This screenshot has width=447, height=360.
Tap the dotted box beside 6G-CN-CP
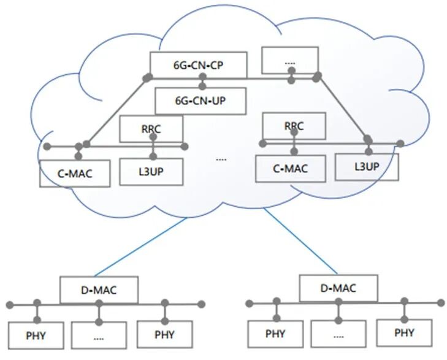[x=290, y=60]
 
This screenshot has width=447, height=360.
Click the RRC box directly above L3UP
[x=151, y=128]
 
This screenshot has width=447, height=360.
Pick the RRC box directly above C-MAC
[x=294, y=126]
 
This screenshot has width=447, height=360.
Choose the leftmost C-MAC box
[x=75, y=173]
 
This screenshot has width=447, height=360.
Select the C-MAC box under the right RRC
[x=290, y=168]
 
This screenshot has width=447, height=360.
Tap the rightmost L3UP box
[x=367, y=166]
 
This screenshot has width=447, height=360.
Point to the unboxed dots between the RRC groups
[x=221, y=159]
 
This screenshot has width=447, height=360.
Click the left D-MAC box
[x=99, y=289]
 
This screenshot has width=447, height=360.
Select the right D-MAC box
[x=337, y=288]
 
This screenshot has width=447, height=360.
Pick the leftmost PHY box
[x=36, y=335]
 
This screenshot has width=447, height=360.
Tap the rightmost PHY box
[x=403, y=333]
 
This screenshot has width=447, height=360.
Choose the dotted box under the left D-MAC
[x=99, y=335]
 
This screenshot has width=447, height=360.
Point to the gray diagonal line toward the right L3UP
[x=343, y=109]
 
